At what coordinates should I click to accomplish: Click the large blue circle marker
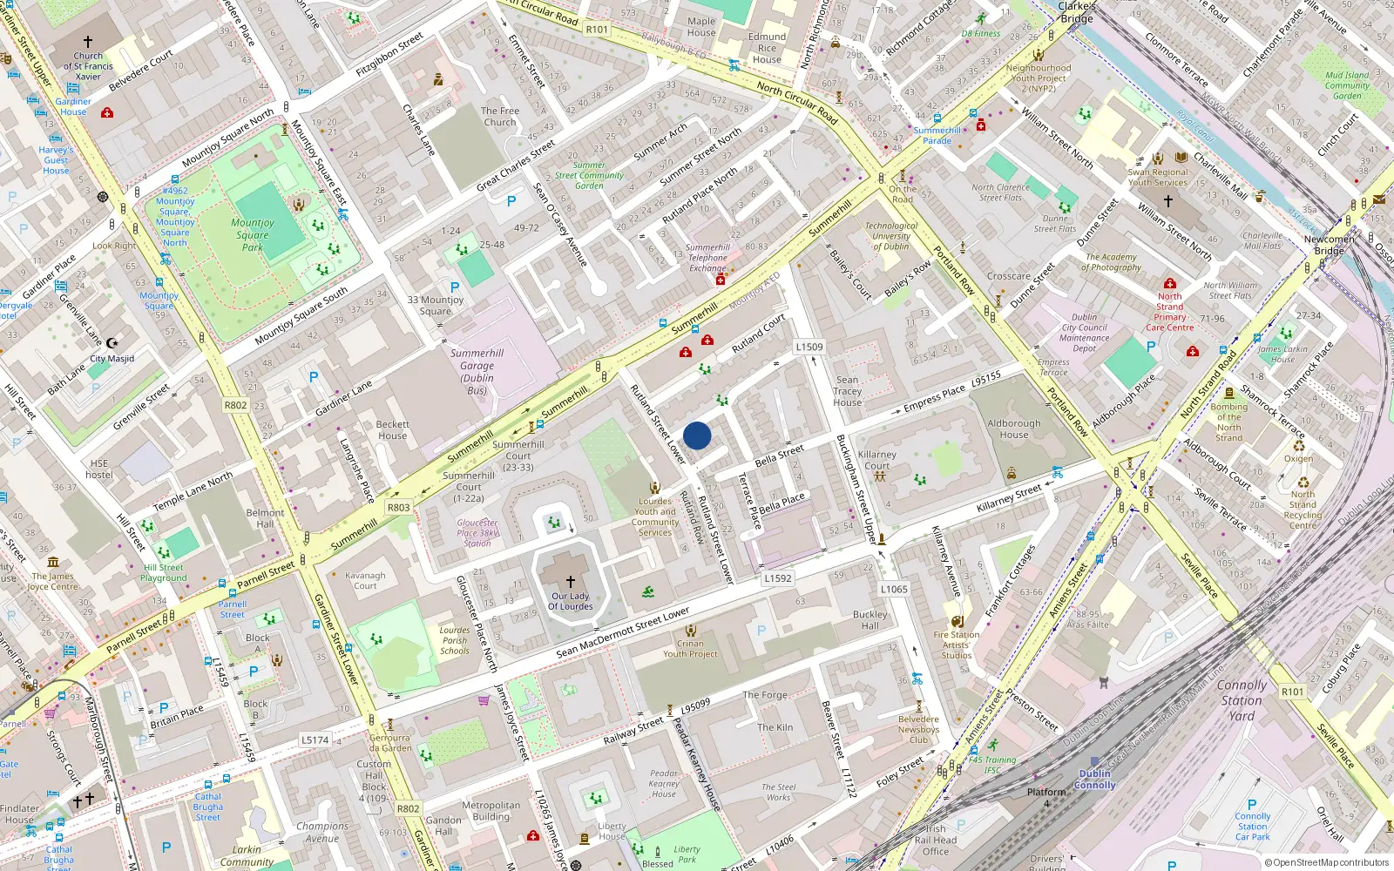coord(697,435)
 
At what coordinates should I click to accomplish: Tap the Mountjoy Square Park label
coord(253,234)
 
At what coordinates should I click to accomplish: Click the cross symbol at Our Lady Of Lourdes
coord(571,581)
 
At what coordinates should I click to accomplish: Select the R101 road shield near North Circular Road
coord(597,29)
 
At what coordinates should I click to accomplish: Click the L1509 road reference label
coord(809,347)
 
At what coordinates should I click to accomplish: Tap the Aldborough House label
coord(1014,429)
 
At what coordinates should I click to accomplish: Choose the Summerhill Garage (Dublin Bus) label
coord(477,372)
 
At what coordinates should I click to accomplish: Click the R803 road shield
coord(398,507)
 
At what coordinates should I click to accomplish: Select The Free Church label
coord(500,116)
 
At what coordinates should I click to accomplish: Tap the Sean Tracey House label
coord(847,391)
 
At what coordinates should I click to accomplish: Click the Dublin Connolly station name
coord(1094,779)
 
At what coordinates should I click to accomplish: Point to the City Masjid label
coord(112,358)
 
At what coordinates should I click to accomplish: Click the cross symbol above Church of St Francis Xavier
coord(87,42)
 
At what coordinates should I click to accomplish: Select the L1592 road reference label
coord(777,577)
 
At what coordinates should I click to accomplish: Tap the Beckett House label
coord(392,429)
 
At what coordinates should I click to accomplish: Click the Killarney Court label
coord(876,460)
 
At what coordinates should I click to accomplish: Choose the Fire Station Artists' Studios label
coord(956,645)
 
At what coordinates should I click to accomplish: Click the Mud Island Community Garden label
coord(1347,85)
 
